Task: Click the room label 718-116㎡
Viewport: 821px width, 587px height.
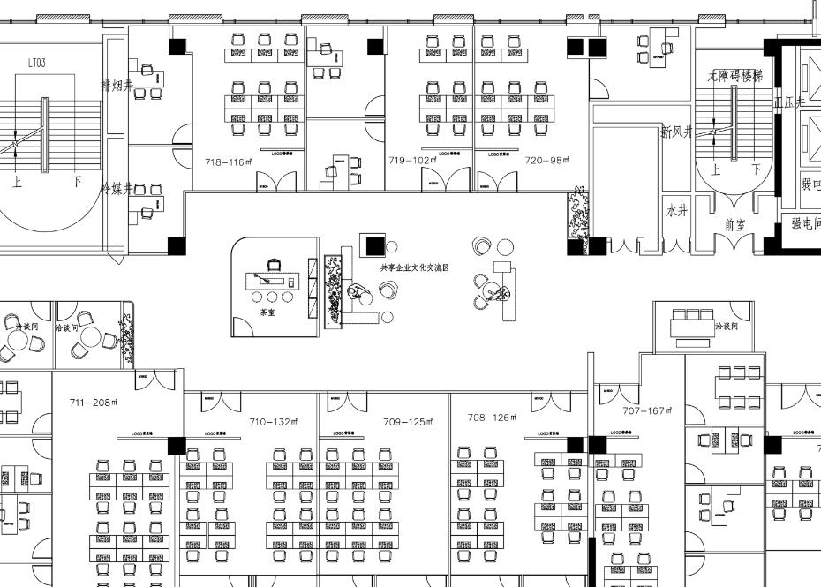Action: click(229, 162)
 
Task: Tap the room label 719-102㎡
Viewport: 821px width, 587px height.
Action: click(413, 161)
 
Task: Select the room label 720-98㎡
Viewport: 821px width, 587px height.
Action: click(547, 161)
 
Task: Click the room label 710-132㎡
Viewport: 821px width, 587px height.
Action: click(274, 422)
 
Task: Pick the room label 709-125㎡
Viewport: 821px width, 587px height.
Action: click(408, 422)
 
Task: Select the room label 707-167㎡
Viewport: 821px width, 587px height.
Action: click(648, 411)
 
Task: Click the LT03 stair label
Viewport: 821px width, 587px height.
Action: click(37, 63)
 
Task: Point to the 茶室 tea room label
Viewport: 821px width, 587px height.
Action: click(267, 312)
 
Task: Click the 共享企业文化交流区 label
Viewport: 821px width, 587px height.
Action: click(415, 267)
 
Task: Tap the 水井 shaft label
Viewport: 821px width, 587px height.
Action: click(676, 212)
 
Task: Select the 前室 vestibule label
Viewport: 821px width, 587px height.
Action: click(735, 225)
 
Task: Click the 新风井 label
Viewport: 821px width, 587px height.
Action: click(677, 132)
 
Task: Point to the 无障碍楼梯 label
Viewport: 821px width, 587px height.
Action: click(734, 78)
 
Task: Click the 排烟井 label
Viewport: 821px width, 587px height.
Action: click(117, 86)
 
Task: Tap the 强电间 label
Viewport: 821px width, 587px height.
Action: click(806, 224)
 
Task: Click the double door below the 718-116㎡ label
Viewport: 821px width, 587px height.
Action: click(276, 182)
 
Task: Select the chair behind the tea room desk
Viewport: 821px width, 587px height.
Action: click(274, 263)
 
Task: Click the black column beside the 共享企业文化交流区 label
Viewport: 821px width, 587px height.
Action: click(372, 245)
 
